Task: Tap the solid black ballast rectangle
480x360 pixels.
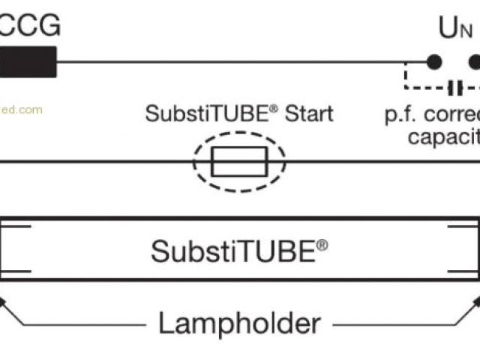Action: click(x=28, y=61)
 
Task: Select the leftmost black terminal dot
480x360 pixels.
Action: click(x=433, y=61)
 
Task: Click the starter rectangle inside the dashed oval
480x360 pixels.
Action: click(x=238, y=161)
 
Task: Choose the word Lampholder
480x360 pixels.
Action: click(x=239, y=323)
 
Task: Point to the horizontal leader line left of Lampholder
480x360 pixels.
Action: click(x=90, y=325)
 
